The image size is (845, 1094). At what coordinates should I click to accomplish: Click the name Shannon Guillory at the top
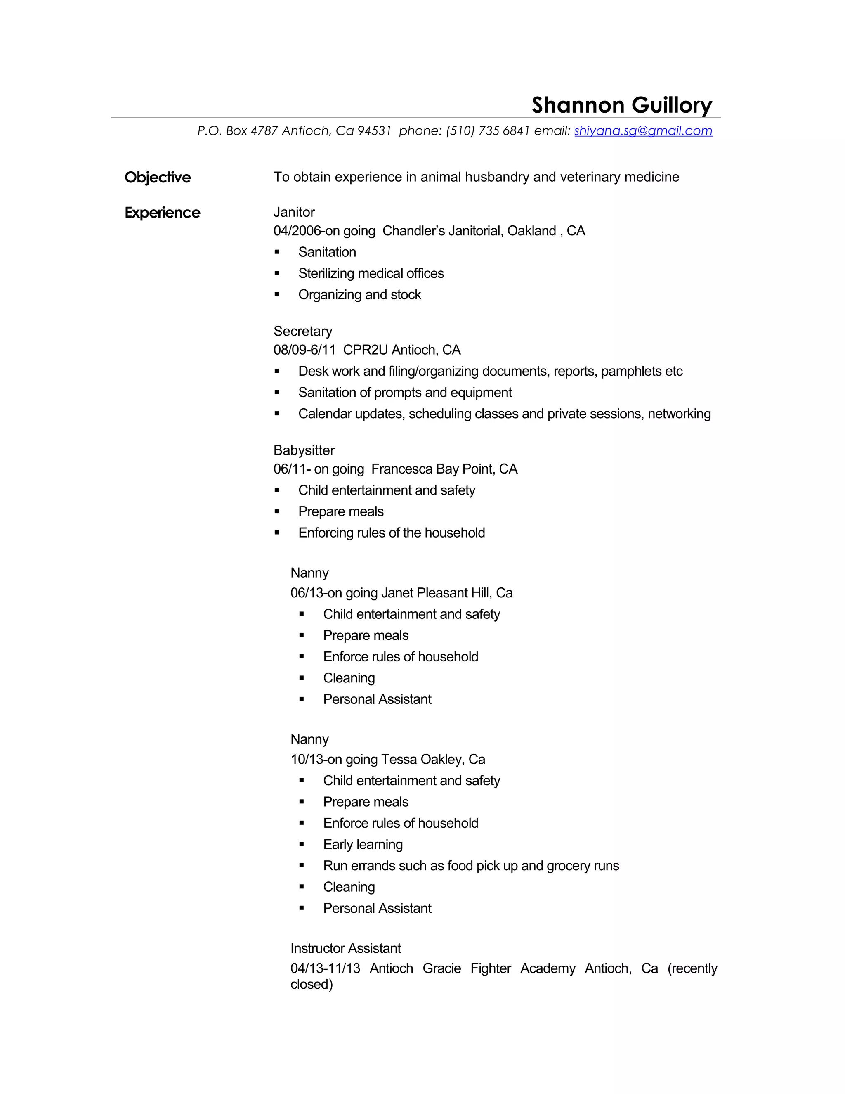pos(621,105)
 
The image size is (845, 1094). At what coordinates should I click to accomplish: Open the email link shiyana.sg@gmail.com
pos(643,131)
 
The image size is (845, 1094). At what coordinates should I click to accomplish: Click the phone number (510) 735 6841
pos(488,131)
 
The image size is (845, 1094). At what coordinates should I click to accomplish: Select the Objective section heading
pos(158,178)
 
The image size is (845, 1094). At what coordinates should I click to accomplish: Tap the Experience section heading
pos(162,212)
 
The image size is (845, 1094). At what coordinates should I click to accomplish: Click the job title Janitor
pos(294,212)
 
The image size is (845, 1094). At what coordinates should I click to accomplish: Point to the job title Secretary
pos(303,331)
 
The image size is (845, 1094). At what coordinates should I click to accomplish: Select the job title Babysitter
pos(304,450)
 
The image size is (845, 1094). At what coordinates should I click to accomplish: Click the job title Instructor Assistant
pos(345,948)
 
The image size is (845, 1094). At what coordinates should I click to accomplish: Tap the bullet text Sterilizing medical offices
pos(371,273)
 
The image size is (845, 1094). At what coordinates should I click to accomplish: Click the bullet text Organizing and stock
pos(359,294)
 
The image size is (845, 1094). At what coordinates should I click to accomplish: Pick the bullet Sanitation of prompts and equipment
pos(405,392)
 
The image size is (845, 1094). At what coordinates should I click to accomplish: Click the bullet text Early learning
pos(363,845)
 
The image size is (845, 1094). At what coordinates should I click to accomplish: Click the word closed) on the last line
pos(312,984)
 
